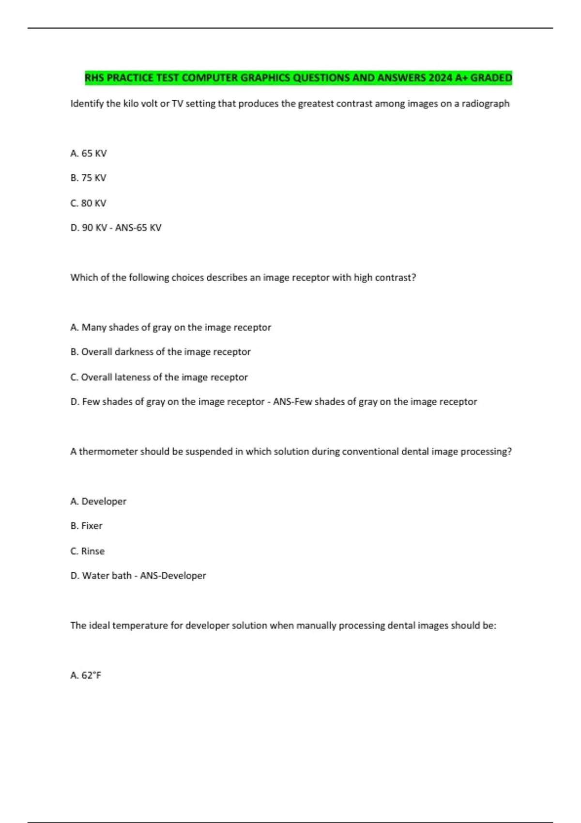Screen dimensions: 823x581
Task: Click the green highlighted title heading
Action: [x=298, y=78]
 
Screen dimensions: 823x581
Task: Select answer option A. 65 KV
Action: [x=89, y=153]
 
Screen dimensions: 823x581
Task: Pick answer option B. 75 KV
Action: [x=88, y=178]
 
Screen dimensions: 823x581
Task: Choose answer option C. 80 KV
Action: [x=88, y=203]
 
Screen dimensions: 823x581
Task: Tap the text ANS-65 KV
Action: [x=138, y=228]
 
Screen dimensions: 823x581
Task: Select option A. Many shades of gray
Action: [x=170, y=328]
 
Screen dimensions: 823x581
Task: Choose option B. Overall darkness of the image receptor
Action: [x=160, y=352]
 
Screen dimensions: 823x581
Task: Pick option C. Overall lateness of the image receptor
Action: [x=159, y=378]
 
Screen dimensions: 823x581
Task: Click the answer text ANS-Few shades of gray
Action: [x=375, y=402]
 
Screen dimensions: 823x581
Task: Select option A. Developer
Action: [x=98, y=502]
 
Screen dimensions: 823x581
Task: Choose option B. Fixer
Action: [x=86, y=526]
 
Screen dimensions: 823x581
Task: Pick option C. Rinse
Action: [x=87, y=551]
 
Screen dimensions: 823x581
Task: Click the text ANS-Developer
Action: [x=173, y=576]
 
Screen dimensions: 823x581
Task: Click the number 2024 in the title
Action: [x=441, y=78]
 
